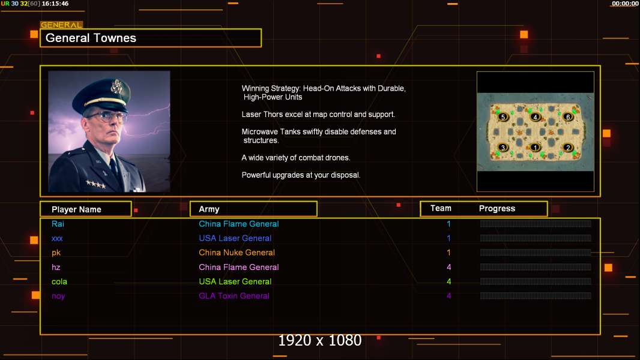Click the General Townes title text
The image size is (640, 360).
[x=91, y=38]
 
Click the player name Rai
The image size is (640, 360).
[x=58, y=224]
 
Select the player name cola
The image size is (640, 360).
[x=59, y=281]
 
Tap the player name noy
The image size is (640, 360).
[x=58, y=296]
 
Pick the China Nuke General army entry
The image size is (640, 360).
[x=237, y=253]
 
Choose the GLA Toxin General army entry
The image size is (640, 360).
[x=234, y=296]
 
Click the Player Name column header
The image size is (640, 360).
[x=76, y=209]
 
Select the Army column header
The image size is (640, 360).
[x=209, y=209]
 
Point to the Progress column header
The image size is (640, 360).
[x=497, y=209]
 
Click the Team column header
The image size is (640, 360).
[x=441, y=208]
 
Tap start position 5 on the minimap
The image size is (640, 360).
[x=503, y=117]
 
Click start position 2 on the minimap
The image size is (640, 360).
[x=568, y=148]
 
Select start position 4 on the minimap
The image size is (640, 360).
[x=536, y=117]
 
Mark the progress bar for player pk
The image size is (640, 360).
[x=536, y=253]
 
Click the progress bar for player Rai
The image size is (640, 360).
[x=536, y=224]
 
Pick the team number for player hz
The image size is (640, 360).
[x=448, y=267]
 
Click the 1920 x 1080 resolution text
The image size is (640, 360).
[x=320, y=341]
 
